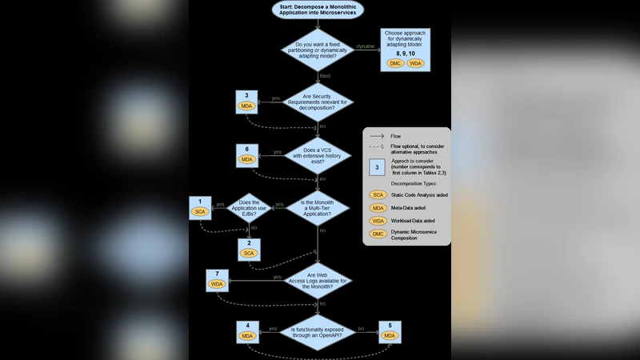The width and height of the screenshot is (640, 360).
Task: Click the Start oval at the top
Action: pos(318,10)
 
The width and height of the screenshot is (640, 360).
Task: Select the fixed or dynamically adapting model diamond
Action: pos(318,50)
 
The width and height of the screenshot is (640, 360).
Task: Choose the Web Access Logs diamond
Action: pos(318,280)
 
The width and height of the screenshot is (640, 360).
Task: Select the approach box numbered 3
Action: pos(246,102)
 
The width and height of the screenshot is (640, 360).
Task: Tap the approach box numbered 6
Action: pos(246,155)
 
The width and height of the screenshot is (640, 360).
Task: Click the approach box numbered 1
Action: pos(199,207)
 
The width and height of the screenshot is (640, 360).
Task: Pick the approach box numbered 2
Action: pos(249,248)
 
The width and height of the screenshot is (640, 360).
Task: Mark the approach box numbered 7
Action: pos(217,279)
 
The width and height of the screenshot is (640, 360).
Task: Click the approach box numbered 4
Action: pos(247,331)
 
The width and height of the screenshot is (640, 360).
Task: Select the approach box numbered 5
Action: pos(390,331)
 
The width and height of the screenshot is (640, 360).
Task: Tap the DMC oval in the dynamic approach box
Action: pos(395,63)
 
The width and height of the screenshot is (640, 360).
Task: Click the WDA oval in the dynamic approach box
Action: pos(415,63)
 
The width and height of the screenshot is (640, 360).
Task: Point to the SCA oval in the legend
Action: pos(378,194)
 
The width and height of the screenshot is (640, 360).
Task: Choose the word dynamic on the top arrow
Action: pos(365,46)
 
